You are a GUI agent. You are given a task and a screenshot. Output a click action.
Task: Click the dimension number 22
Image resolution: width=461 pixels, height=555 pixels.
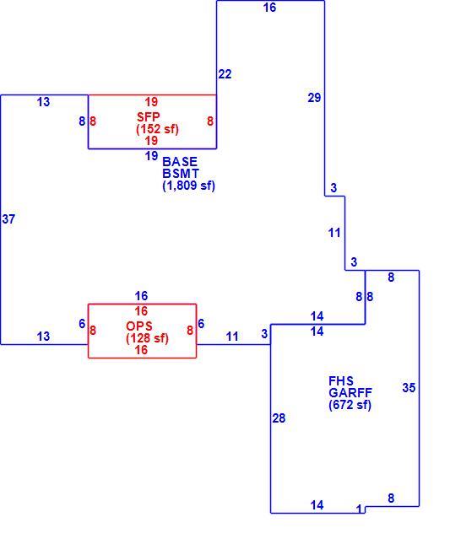[225, 74]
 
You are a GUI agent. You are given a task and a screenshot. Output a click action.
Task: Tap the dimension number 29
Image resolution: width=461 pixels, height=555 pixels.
[314, 98]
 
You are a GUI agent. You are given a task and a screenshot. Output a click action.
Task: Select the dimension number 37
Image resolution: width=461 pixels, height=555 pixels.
[8, 219]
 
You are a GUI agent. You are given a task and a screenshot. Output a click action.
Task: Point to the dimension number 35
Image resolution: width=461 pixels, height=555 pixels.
[409, 388]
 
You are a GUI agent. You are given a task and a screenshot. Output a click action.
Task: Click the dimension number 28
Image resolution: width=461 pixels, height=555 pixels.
[279, 418]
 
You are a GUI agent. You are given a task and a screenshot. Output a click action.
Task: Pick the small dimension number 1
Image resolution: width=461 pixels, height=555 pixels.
[360, 509]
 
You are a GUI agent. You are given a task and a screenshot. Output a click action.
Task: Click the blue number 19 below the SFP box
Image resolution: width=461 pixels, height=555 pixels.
[151, 156]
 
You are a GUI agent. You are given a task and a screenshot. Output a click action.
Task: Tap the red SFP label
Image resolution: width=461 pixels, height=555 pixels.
[149, 116]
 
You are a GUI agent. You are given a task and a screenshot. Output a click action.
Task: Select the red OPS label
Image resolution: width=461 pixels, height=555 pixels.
[139, 326]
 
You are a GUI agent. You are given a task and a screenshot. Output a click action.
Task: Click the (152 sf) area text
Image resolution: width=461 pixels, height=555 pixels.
[157, 129]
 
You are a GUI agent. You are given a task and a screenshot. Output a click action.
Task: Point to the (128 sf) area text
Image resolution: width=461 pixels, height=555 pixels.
[147, 338]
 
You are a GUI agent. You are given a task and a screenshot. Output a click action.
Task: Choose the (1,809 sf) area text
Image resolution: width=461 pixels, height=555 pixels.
[189, 186]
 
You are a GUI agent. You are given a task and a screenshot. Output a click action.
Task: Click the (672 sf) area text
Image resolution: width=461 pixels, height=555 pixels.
[350, 405]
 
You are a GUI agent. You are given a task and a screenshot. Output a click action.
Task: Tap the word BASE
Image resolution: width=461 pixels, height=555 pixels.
[180, 162]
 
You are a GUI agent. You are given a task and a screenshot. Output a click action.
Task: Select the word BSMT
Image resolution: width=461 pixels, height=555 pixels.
[181, 174]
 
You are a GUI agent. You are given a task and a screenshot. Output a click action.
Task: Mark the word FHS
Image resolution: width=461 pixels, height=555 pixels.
[341, 381]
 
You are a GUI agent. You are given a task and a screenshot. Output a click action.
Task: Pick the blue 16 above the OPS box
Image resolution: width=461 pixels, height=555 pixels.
[141, 296]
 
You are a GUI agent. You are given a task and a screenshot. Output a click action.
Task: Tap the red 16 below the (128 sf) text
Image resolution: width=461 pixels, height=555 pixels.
[141, 350]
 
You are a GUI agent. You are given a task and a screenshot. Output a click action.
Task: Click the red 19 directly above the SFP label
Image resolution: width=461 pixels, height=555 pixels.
[151, 102]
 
